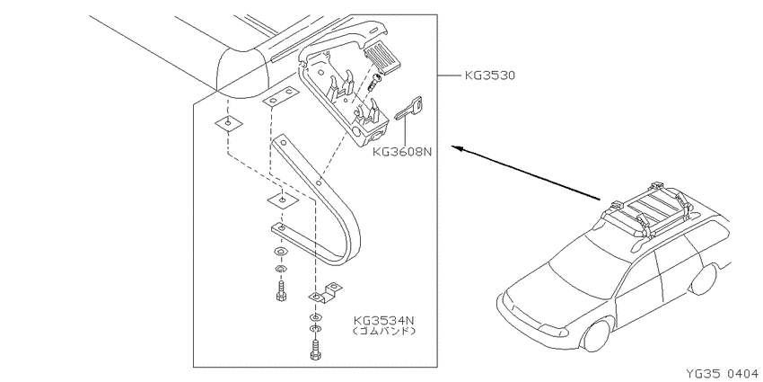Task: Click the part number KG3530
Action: (x=489, y=76)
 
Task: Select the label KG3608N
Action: (x=402, y=151)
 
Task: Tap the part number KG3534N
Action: (x=384, y=321)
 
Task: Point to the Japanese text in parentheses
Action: (x=384, y=332)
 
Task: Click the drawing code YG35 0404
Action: (x=722, y=374)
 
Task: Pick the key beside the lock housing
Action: (x=408, y=107)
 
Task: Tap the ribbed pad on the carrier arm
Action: (x=382, y=58)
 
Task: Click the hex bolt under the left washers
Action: (x=281, y=291)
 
